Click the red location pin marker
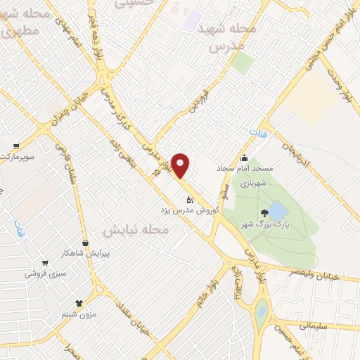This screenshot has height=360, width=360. (181, 165)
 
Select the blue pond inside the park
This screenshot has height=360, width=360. (278, 210)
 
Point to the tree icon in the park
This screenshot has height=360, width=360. (264, 212)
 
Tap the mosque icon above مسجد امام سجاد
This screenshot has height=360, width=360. (244, 157)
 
